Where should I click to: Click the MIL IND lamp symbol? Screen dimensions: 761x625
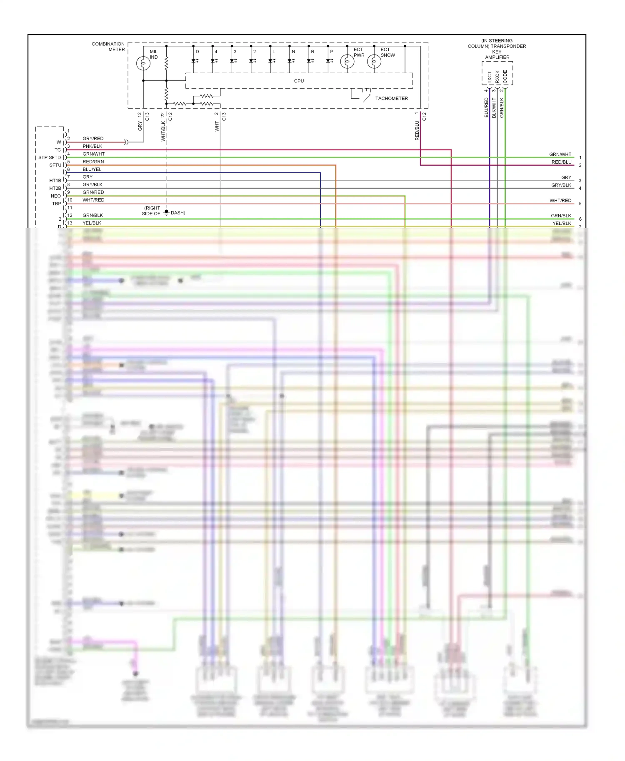(143, 63)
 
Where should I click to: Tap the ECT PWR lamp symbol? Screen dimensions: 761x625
(347, 62)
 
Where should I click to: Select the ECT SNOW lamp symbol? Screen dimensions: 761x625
(374, 62)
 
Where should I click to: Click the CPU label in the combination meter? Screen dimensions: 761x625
(299, 81)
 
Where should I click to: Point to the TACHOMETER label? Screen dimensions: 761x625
(391, 98)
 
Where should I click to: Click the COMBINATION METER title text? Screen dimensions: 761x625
(108, 47)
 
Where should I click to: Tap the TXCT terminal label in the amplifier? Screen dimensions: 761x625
(490, 77)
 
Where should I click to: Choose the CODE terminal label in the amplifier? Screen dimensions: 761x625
(505, 77)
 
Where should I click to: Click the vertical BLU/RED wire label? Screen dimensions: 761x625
(486, 107)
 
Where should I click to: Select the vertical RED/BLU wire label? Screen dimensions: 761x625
(417, 130)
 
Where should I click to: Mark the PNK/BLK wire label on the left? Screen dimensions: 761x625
(92, 146)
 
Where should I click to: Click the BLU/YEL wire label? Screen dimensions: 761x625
(92, 169)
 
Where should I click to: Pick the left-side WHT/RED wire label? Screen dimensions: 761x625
(93, 200)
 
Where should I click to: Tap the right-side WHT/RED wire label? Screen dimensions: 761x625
(560, 201)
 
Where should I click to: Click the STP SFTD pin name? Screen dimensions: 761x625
(50, 157)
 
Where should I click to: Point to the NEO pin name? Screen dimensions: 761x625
(56, 196)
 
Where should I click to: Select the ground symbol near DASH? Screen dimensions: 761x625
(166, 212)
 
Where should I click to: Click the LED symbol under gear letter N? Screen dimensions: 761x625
(291, 61)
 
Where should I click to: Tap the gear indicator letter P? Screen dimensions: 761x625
(332, 52)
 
